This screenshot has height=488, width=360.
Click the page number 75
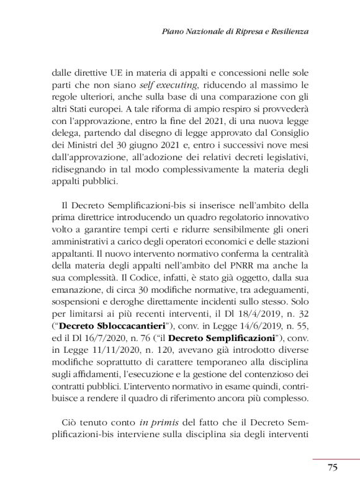[x=333, y=468]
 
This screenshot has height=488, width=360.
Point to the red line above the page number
[x=336, y=459]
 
